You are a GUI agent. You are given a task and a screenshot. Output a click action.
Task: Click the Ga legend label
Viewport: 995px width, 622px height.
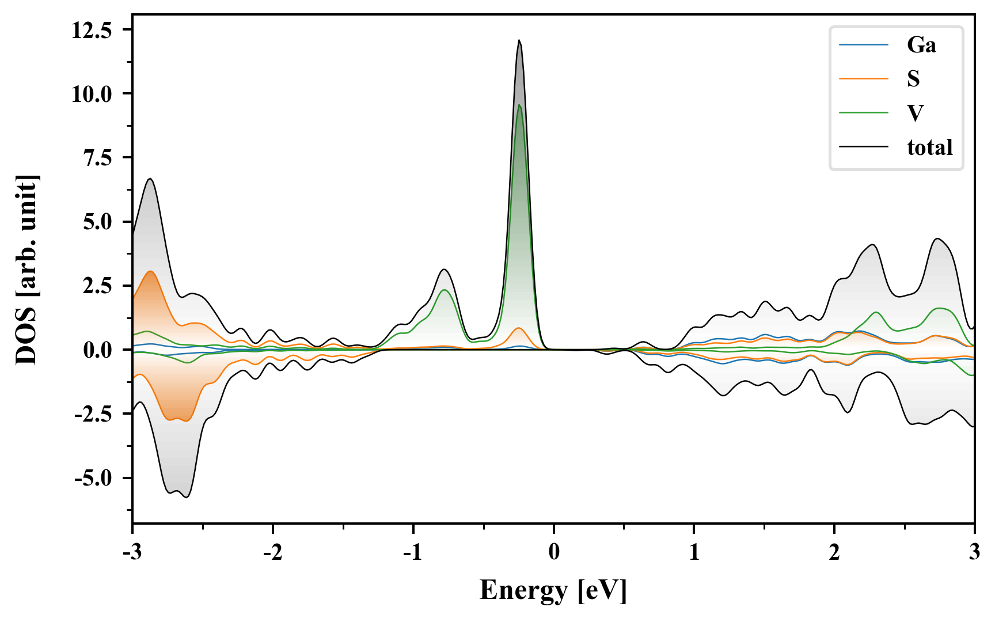pos(921,45)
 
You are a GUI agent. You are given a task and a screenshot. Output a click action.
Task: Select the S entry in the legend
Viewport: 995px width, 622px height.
pos(913,79)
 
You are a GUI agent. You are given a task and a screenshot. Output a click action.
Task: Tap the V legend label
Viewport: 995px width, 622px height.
pos(915,113)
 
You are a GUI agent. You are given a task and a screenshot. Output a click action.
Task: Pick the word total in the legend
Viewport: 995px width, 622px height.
pos(929,147)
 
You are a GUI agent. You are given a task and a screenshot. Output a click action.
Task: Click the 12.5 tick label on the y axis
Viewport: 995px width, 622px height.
pos(92,30)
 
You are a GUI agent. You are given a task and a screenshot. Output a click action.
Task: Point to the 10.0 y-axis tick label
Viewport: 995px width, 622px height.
pos(92,94)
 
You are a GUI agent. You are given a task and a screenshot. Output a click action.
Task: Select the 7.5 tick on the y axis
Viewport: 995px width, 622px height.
pos(98,158)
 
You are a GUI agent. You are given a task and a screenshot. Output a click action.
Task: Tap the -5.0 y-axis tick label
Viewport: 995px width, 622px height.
pos(94,478)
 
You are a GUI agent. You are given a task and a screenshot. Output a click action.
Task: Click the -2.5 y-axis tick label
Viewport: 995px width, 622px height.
pos(94,414)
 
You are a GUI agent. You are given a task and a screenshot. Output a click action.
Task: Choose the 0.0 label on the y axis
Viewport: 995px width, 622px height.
pos(98,350)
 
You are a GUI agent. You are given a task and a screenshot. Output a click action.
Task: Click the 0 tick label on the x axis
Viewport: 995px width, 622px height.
pos(554,552)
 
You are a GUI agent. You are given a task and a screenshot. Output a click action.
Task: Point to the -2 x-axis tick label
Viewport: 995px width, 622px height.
pos(273,552)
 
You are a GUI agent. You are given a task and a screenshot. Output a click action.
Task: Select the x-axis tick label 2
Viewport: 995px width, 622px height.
pos(834,552)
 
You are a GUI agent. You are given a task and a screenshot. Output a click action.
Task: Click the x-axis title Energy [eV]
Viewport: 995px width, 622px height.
pos(553,590)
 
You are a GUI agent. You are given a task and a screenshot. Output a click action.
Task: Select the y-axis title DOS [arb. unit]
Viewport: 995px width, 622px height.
pos(27,270)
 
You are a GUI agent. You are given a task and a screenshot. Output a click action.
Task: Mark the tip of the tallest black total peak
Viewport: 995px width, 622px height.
pos(519,40)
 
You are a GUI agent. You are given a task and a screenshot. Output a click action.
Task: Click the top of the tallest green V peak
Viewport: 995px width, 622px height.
pos(519,105)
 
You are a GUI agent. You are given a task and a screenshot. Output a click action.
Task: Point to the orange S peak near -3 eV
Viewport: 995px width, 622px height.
pos(150,271)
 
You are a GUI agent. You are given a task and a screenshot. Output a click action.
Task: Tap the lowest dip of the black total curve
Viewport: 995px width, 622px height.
pos(186,497)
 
